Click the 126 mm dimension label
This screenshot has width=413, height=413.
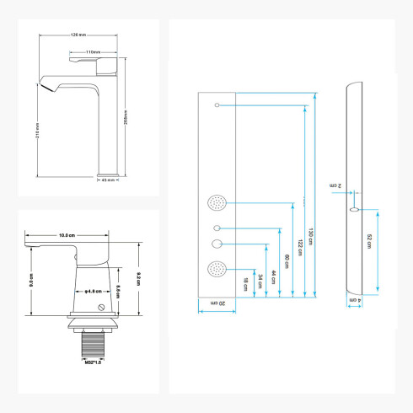pos(80,35)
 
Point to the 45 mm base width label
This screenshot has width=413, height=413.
pos(108,180)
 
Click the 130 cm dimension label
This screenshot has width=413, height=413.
pos(311,236)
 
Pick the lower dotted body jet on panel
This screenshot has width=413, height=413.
pos(215,271)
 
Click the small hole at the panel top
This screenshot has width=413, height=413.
pos(217,105)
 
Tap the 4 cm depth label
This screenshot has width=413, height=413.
pos(358,301)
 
